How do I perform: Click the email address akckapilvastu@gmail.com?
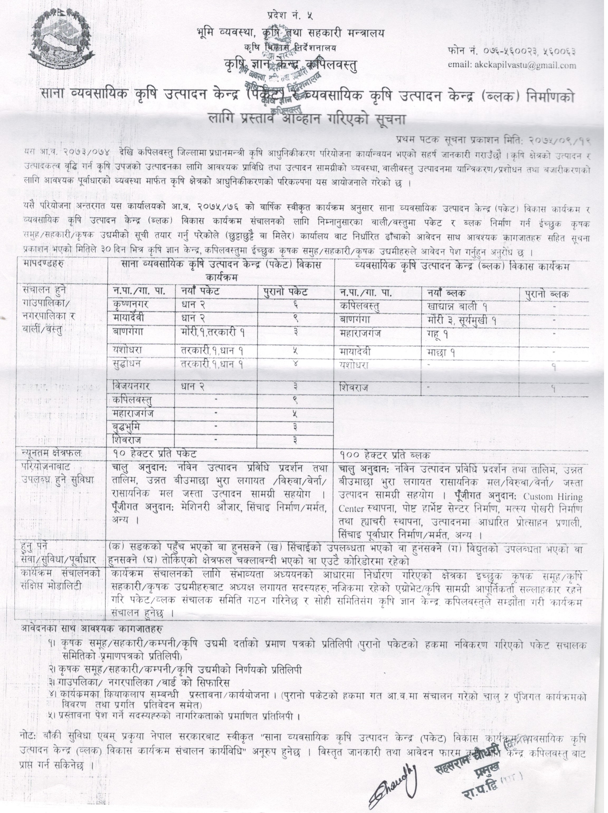[x=512, y=65]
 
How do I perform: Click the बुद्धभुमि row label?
[x=126, y=427]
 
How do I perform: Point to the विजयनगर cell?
[x=131, y=386]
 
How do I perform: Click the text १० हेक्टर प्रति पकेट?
[x=154, y=454]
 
